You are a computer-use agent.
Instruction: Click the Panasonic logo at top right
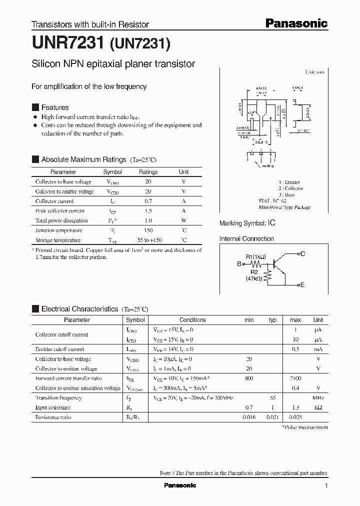[296, 23]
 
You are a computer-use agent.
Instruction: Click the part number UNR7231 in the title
[67, 45]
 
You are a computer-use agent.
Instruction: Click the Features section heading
[54, 107]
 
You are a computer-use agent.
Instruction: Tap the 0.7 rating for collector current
[148, 201]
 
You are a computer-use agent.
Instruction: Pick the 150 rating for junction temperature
[148, 230]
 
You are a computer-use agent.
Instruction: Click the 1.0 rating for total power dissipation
[148, 220]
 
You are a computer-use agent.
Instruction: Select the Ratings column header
[148, 172]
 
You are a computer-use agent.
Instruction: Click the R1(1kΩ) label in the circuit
[256, 257]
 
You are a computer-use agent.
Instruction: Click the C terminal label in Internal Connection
[302, 254]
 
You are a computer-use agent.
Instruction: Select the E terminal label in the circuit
[302, 284]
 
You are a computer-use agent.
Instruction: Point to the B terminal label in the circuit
[239, 264]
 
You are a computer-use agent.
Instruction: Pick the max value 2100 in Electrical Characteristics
[295, 378]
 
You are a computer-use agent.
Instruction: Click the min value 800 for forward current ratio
[249, 378]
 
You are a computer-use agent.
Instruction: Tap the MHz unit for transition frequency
[318, 398]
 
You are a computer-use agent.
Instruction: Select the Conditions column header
[192, 320]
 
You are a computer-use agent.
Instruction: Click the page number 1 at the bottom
[326, 486]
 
